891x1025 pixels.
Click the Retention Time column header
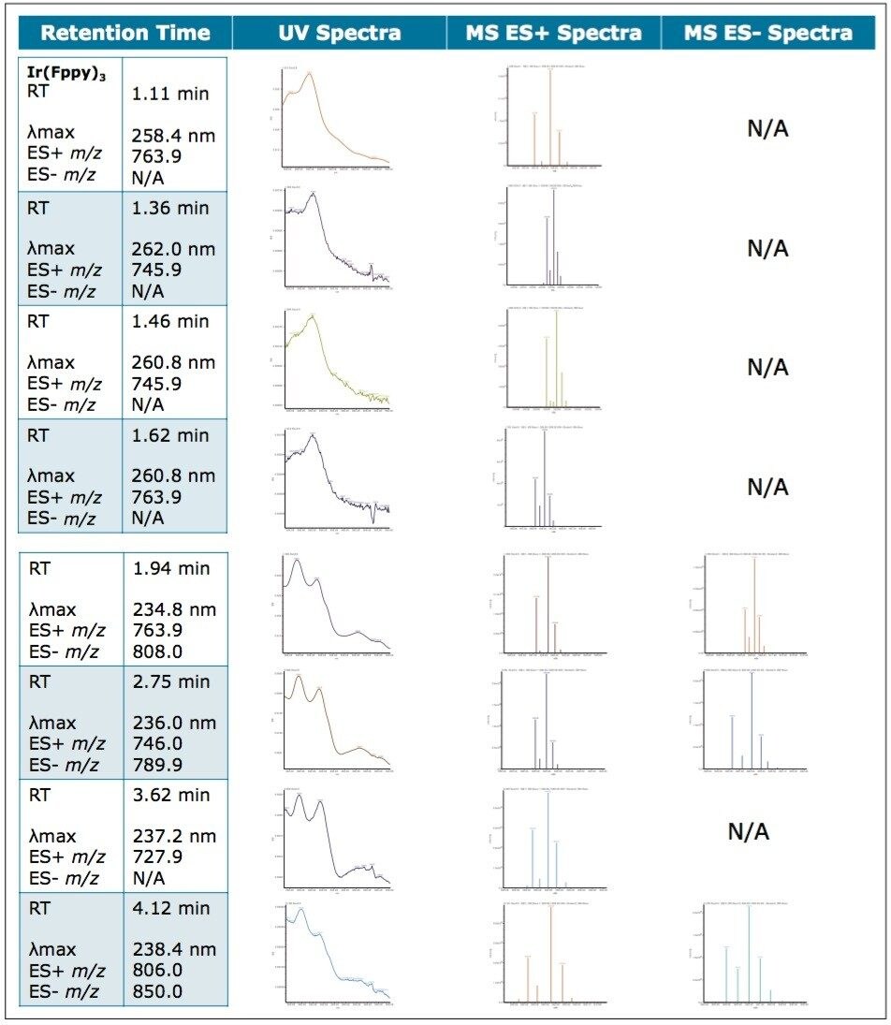[x=124, y=34]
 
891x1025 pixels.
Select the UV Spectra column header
[x=339, y=34]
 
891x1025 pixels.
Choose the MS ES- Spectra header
[x=768, y=34]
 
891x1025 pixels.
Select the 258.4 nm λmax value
[x=174, y=136]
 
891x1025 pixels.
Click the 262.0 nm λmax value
[x=174, y=249]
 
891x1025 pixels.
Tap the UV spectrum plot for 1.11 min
[x=335, y=117]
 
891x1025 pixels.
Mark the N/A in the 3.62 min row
[x=748, y=831]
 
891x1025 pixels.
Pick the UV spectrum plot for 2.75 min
[x=335, y=721]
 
